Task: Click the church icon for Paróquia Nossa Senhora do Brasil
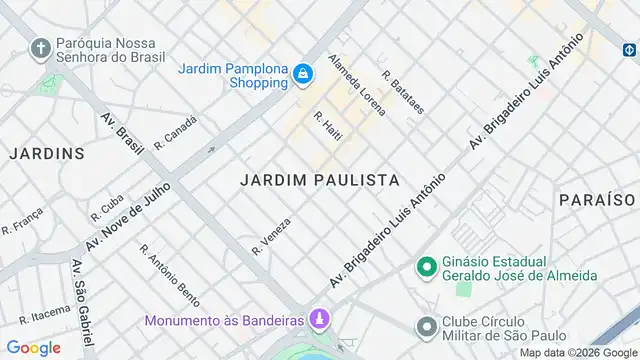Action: [x=41, y=49]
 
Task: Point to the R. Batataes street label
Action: [x=403, y=91]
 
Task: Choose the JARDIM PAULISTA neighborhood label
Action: [x=320, y=180]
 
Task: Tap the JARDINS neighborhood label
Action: [x=47, y=153]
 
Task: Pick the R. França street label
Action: [x=22, y=221]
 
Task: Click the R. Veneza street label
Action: [x=272, y=234]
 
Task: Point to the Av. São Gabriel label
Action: [x=78, y=297]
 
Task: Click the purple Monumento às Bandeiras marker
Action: [x=319, y=320]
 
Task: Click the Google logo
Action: [x=32, y=347]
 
